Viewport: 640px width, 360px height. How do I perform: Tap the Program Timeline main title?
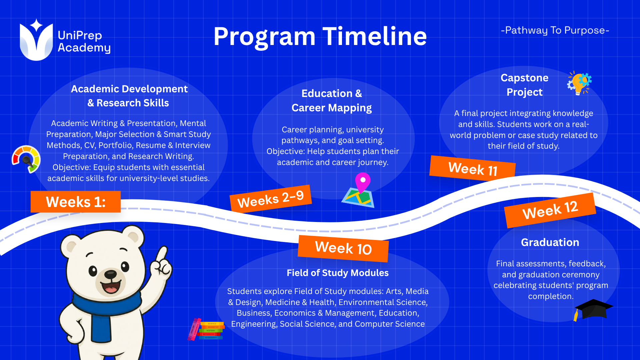tap(320, 36)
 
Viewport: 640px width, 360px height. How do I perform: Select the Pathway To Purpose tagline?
tap(555, 30)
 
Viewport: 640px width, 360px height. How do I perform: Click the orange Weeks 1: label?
tap(76, 202)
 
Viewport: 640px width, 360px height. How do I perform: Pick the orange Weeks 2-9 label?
tap(271, 199)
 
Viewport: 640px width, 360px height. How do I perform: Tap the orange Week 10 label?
tap(343, 248)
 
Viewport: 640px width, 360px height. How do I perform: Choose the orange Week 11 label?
tap(473, 169)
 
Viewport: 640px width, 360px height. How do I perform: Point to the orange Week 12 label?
tap(550, 210)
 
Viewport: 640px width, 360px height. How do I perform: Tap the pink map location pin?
tap(363, 182)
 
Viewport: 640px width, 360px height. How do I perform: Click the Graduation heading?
tap(550, 242)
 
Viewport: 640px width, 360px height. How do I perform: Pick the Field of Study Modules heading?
tap(338, 273)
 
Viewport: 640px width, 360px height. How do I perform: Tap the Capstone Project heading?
tap(525, 85)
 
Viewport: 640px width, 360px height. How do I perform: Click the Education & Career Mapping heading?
tap(332, 100)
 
